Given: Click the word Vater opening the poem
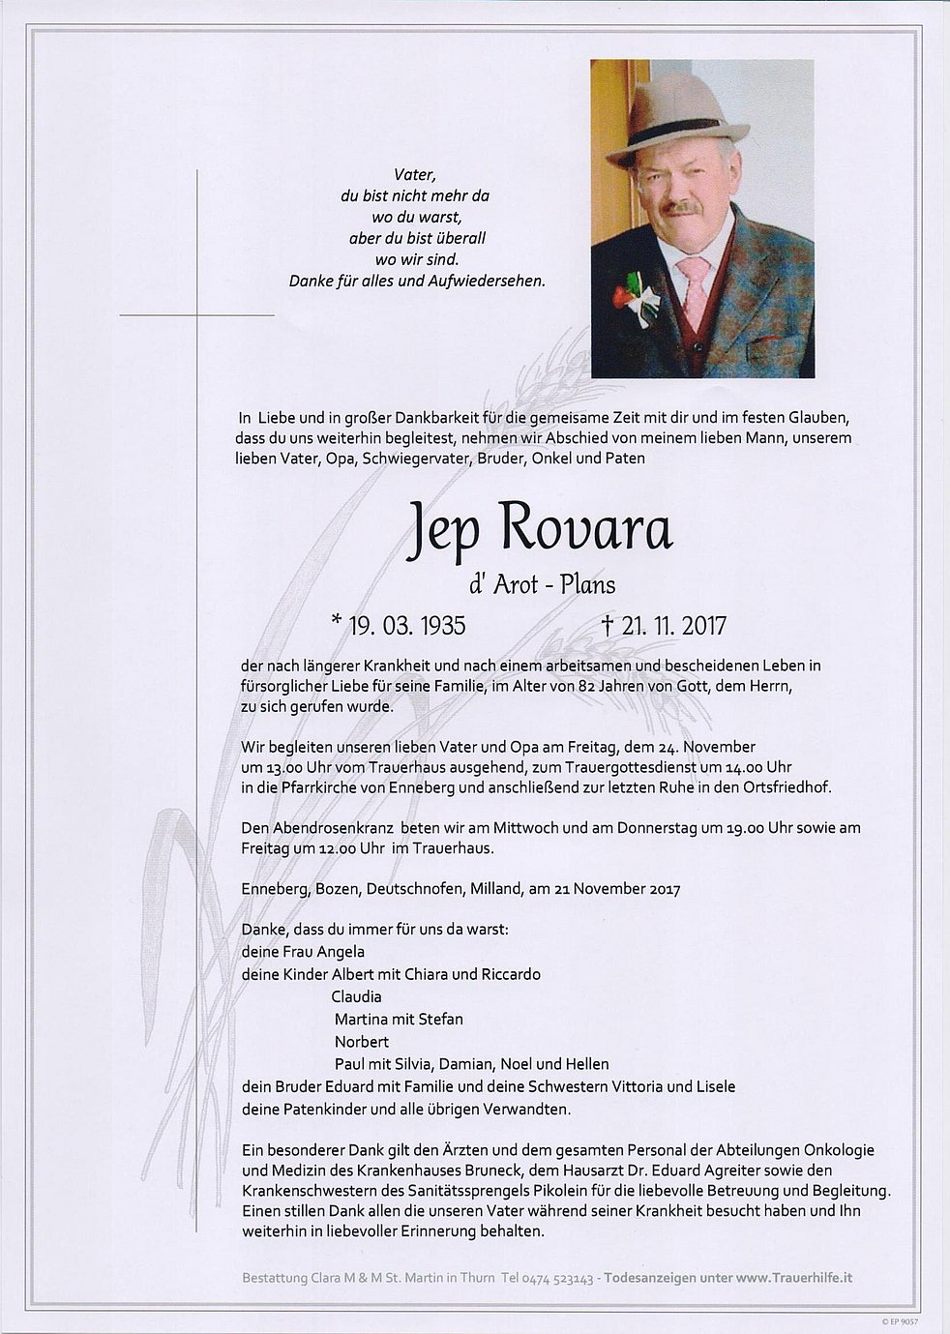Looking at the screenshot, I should click(x=415, y=175).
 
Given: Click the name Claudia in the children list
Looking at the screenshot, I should click(x=356, y=996).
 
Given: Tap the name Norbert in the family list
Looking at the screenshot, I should click(x=362, y=1042).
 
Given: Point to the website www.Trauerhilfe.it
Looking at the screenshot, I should click(x=793, y=1278).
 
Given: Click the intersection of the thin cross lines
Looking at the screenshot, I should click(x=197, y=315).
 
